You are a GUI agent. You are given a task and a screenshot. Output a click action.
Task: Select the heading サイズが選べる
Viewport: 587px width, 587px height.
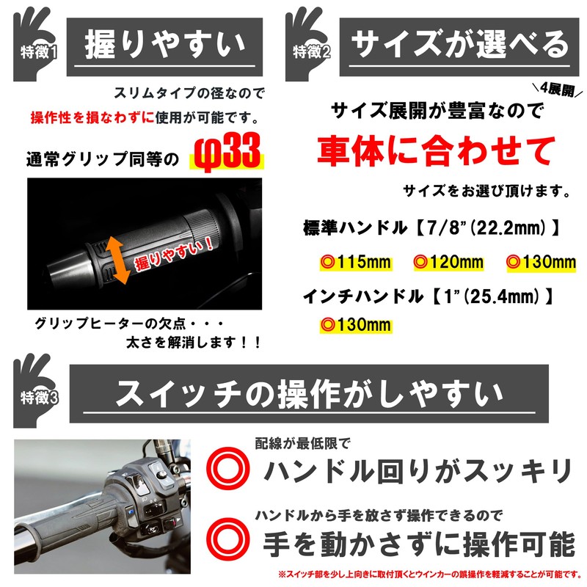(460, 46)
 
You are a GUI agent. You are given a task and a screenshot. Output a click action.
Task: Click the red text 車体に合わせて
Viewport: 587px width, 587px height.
(436, 151)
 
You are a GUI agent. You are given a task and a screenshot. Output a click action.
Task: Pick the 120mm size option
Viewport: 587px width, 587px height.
(448, 262)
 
